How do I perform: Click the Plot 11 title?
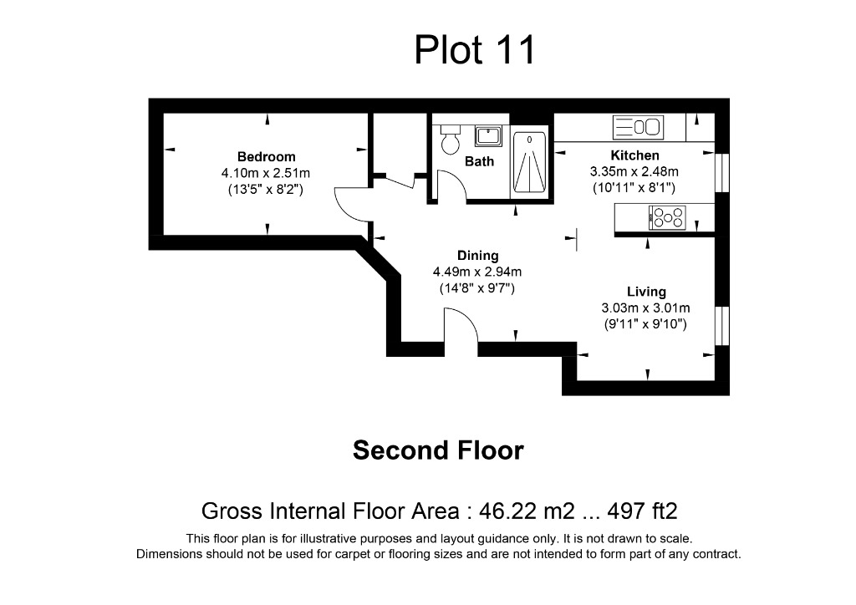coord(474,50)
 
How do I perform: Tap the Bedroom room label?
coord(266,156)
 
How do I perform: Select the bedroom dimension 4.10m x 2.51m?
coord(266,173)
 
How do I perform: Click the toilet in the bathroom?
coord(451,140)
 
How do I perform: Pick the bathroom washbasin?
coord(487,135)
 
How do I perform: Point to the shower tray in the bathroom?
coord(529,163)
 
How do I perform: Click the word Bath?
coord(479,161)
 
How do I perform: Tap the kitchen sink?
coord(638,128)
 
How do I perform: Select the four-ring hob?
coord(667,219)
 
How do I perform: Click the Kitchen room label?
coord(634,155)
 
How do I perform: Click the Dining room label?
coord(477,256)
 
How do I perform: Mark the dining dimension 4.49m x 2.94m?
coord(477,272)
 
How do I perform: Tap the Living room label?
coord(646,292)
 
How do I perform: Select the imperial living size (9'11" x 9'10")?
coord(646,324)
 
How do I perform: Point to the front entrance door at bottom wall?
coord(460,328)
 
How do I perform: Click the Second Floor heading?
coord(438,450)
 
